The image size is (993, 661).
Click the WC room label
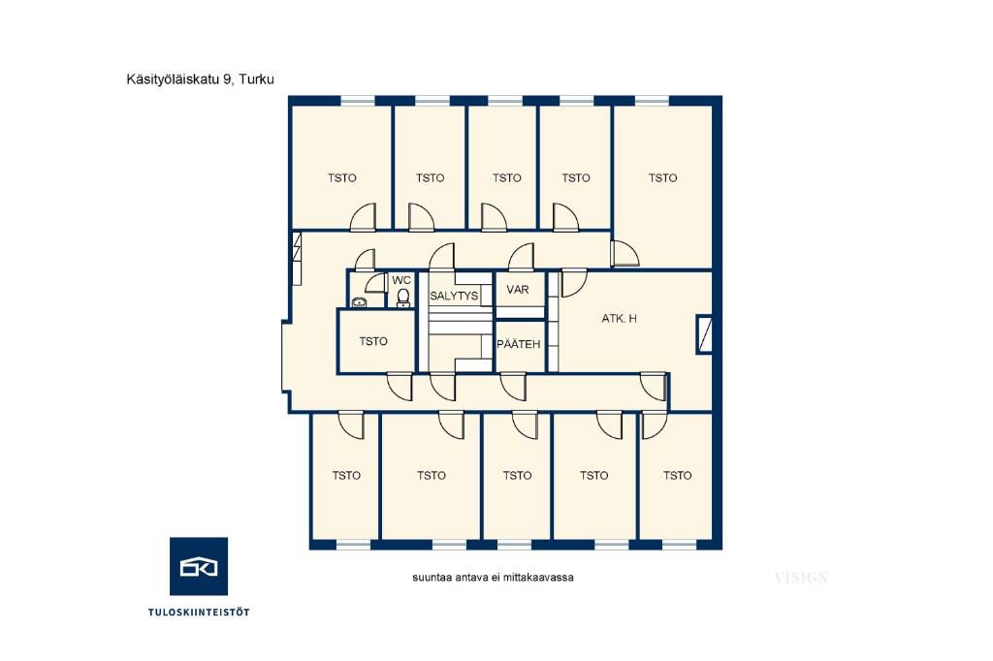401,280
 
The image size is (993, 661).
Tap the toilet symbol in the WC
402,299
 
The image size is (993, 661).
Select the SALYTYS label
454,296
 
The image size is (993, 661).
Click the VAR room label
518,290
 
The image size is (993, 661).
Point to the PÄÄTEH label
519,344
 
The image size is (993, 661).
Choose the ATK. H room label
620,319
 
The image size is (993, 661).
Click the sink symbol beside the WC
360,302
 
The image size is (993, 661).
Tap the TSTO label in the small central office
373,341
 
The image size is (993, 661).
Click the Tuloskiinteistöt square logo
199,566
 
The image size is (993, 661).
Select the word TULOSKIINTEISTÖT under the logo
199,613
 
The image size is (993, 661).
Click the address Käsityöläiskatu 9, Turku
200,79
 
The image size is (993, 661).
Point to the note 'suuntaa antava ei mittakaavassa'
494,578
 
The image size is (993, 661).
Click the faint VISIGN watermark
801,578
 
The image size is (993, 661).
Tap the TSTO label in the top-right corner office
662,178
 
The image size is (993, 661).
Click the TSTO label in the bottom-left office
346,476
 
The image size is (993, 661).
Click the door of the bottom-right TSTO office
655,425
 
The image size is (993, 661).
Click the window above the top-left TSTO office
358,100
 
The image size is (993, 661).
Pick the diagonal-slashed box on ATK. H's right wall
704,333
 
